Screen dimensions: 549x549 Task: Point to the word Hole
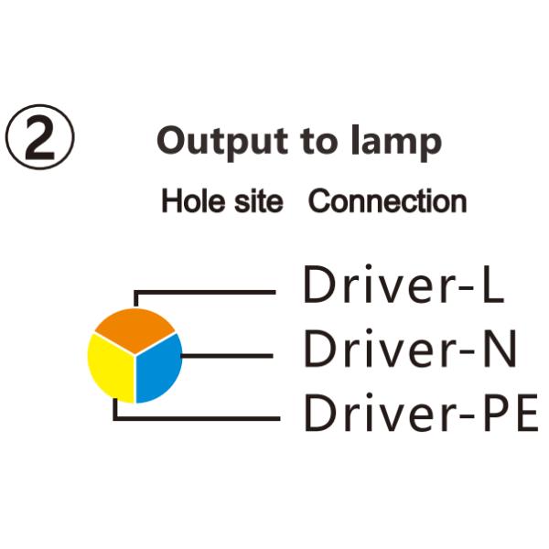point(189,201)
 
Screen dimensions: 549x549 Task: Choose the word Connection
point(387,201)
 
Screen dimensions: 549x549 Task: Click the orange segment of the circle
point(135,328)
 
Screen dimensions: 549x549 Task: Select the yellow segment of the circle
point(111,367)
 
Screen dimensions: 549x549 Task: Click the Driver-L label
point(404,286)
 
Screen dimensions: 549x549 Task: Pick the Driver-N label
point(411,350)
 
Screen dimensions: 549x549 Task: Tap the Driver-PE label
point(421,414)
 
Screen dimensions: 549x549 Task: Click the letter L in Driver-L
point(492,286)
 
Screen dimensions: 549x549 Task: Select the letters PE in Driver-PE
point(512,414)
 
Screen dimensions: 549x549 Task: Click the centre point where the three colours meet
point(135,355)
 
